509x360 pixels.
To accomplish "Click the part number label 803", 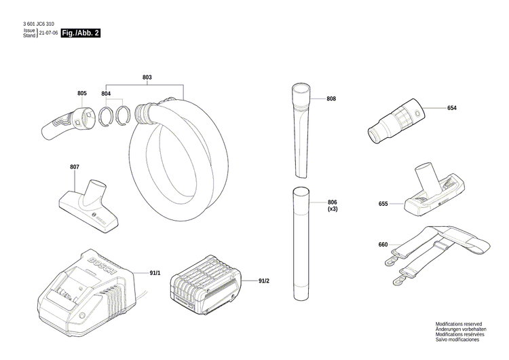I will point(147,77).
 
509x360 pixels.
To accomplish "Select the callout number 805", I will point(82,93).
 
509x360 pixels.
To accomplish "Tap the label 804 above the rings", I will point(106,93).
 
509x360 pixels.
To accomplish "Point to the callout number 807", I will point(75,167).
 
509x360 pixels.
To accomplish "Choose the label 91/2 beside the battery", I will point(264,281).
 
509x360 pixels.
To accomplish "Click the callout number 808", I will point(331,99).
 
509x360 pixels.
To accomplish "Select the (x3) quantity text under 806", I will point(333,209).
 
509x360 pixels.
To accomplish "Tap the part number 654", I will point(452,108).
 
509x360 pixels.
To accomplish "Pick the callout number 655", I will point(383,203).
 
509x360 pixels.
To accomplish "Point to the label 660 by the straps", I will point(383,245).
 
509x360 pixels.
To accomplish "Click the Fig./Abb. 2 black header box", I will point(80,33).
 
